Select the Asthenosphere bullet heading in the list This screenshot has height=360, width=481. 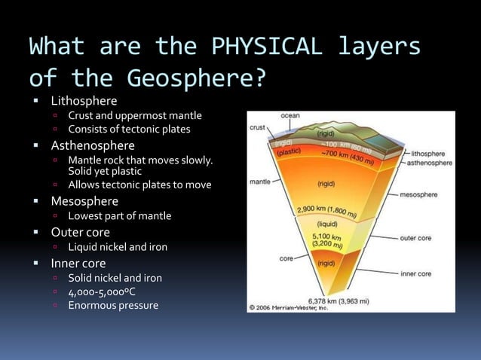click(93, 145)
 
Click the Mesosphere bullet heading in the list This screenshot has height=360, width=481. click(84, 201)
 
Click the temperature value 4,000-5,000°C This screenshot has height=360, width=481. click(102, 291)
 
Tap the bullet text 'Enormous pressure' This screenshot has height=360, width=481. click(113, 305)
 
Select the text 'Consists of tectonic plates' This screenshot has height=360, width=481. click(129, 129)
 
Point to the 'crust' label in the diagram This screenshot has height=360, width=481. click(257, 129)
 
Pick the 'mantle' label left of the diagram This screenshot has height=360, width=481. click(260, 182)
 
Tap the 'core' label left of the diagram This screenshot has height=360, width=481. click(286, 258)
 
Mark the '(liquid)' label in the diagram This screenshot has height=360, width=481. click(326, 224)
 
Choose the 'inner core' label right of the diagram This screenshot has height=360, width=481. click(415, 273)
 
